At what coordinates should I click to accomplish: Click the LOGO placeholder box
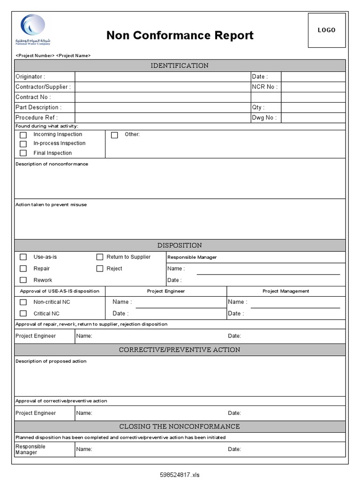[327, 30]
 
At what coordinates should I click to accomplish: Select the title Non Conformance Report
[180, 36]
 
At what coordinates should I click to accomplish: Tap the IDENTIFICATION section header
[180, 66]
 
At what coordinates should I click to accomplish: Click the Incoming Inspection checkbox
[23, 135]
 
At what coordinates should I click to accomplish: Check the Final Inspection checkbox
[23, 153]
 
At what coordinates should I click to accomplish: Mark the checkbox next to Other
[114, 135]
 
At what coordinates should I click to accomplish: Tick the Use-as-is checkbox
[23, 257]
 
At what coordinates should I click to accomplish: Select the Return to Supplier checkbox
[100, 257]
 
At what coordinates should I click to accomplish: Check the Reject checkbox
[100, 269]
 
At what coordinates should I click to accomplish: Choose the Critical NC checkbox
[23, 314]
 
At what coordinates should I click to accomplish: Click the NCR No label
[264, 87]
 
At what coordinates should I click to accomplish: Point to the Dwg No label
[264, 118]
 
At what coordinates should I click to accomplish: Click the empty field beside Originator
[163, 76]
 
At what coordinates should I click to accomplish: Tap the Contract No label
[33, 97]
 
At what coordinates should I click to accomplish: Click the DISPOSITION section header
[180, 246]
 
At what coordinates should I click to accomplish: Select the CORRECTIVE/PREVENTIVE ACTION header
[180, 350]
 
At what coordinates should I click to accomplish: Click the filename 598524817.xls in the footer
[180, 474]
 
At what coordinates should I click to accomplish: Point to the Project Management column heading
[285, 291]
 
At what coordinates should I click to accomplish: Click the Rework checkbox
[23, 280]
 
